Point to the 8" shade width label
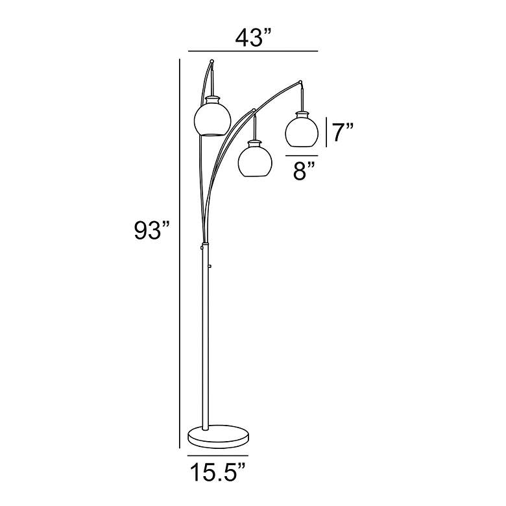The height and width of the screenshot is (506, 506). click(303, 173)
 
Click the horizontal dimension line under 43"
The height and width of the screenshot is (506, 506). click(253, 51)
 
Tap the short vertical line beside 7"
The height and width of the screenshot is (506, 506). click(326, 132)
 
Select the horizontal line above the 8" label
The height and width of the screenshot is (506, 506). click(304, 156)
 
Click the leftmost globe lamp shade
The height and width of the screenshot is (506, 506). click(213, 118)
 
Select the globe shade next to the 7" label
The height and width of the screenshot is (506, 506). click(301, 130)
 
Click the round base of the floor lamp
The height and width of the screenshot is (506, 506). click(218, 436)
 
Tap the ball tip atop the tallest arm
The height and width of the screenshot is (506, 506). click(211, 62)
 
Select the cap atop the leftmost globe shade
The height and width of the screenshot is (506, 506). click(213, 99)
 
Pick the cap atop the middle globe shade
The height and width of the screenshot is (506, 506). click(255, 140)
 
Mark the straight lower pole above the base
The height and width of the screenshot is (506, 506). click(206, 337)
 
